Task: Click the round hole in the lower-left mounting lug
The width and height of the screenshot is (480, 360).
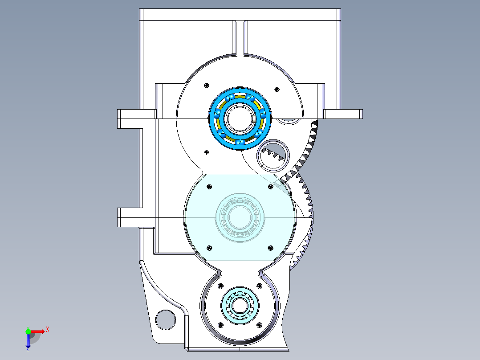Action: point(166,319)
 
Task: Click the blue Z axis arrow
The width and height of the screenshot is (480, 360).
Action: point(28,340)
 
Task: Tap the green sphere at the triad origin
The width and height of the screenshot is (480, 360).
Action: point(28,331)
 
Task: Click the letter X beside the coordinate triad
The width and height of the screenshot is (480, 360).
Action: point(48,329)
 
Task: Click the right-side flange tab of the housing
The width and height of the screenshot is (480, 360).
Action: point(343,114)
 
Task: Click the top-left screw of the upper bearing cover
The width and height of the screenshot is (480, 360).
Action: point(206,86)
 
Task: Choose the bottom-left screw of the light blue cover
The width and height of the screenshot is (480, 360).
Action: point(209,247)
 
